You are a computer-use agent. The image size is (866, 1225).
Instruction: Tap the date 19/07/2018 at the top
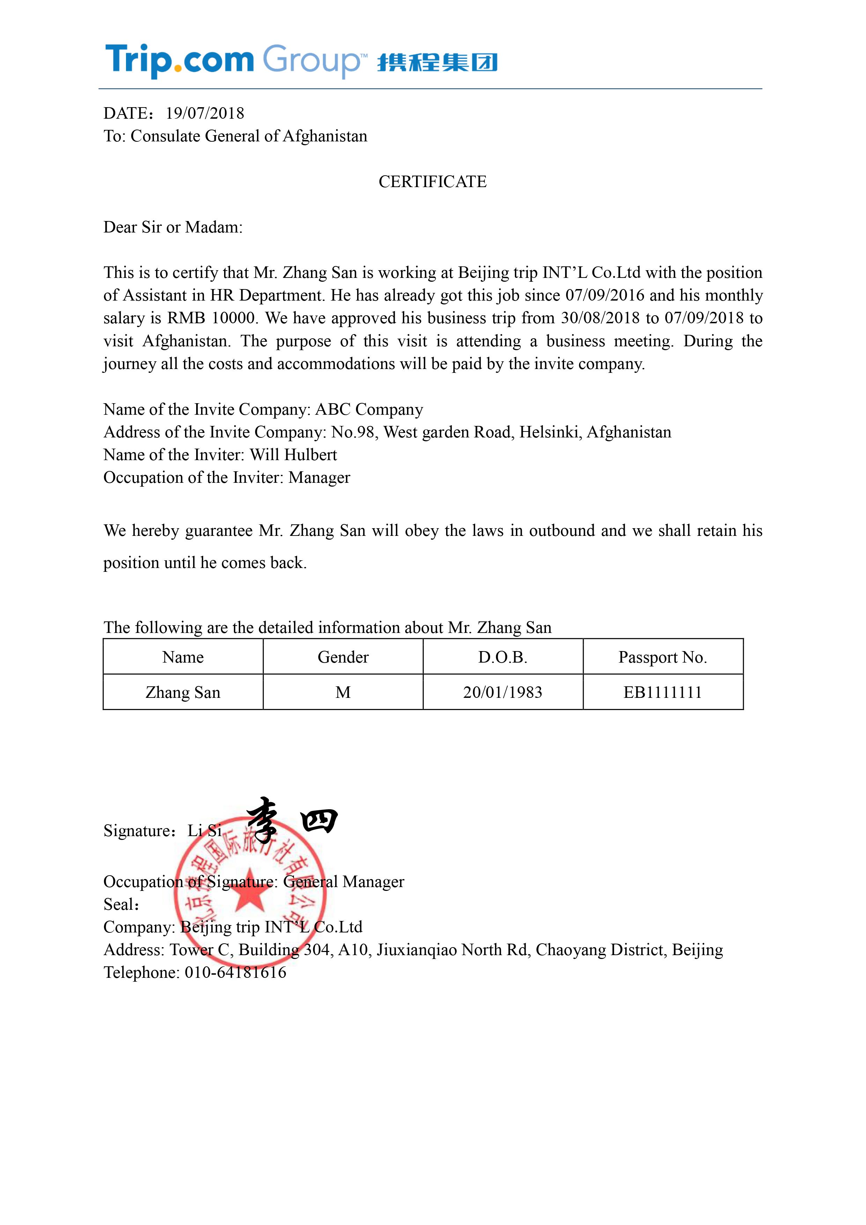click(205, 113)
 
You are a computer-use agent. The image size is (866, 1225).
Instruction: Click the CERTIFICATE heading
click(432, 182)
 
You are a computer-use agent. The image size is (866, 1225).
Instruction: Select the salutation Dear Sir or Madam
click(173, 227)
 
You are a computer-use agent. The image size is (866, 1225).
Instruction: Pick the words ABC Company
click(369, 409)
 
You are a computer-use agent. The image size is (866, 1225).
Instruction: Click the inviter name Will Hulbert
click(294, 455)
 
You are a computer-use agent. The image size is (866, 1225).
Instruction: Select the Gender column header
click(343, 657)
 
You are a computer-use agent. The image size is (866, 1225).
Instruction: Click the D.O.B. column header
click(503, 657)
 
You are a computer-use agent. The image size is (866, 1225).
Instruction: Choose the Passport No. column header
click(663, 657)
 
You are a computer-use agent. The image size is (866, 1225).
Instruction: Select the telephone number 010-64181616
click(235, 973)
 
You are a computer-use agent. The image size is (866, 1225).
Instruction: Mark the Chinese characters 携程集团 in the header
click(437, 62)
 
